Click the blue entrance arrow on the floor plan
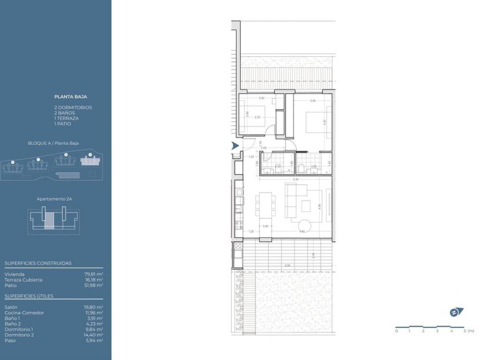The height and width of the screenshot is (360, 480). click(x=235, y=146)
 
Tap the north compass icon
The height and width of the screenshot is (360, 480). click(x=456, y=312)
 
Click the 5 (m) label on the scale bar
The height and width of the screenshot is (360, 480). click(x=468, y=331)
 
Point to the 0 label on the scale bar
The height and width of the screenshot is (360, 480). click(x=396, y=331)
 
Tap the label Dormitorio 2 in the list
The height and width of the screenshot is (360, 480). click(x=19, y=335)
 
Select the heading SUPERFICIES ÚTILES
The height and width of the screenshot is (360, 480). click(x=29, y=296)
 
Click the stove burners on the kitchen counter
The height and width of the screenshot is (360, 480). click(x=239, y=225)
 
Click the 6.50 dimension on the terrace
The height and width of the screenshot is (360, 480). click(x=287, y=266)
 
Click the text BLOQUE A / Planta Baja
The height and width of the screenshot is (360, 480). click(x=53, y=143)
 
